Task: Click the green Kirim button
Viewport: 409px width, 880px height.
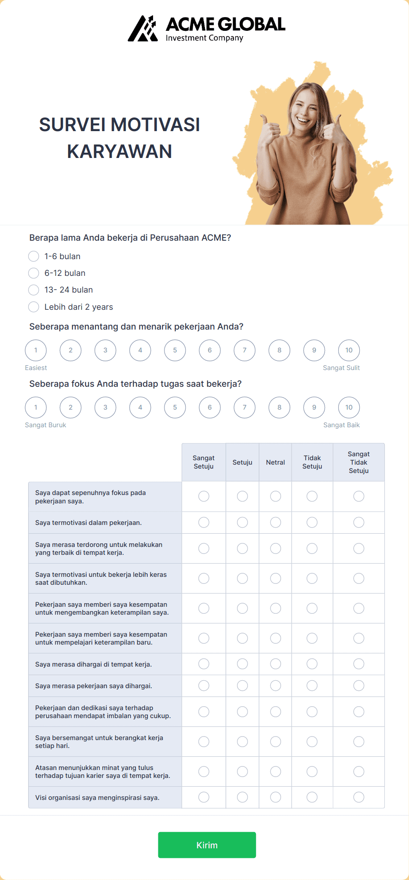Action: pyautogui.click(x=207, y=845)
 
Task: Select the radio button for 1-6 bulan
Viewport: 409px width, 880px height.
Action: pyautogui.click(x=33, y=256)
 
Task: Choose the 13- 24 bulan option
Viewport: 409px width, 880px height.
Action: pyautogui.click(x=33, y=290)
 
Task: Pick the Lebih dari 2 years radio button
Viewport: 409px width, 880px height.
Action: pyautogui.click(x=33, y=307)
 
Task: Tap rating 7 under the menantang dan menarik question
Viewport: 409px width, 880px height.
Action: pyautogui.click(x=245, y=350)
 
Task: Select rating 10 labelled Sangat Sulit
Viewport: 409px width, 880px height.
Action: pyautogui.click(x=349, y=350)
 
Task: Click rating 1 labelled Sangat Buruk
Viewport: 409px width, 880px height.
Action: pyautogui.click(x=36, y=407)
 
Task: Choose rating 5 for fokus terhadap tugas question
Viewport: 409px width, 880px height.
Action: pyautogui.click(x=175, y=407)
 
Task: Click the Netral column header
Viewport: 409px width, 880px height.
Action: pyautogui.click(x=275, y=462)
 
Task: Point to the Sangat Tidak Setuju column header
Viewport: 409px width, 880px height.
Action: pyautogui.click(x=358, y=462)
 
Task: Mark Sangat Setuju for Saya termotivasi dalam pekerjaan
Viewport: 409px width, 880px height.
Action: pyautogui.click(x=204, y=522)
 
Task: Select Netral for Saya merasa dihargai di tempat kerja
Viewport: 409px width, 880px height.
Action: pyautogui.click(x=276, y=664)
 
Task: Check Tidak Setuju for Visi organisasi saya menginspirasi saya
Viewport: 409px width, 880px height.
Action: pyautogui.click(x=312, y=797)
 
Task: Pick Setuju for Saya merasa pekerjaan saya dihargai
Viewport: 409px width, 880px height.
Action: pyautogui.click(x=242, y=686)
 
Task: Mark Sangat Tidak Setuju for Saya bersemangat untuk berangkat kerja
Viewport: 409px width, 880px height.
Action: pyautogui.click(x=359, y=742)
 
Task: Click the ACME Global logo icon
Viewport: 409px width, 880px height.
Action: pyautogui.click(x=143, y=29)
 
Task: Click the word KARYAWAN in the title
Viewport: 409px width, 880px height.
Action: pyautogui.click(x=120, y=151)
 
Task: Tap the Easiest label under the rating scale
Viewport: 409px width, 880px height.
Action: pyautogui.click(x=36, y=368)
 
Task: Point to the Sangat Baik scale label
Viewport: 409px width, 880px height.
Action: pyautogui.click(x=341, y=425)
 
